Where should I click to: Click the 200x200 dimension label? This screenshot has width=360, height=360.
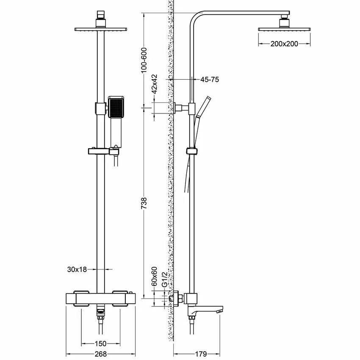tap(285, 43)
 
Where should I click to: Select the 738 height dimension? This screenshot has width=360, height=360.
tap(144, 203)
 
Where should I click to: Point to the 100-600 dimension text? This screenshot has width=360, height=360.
tap(144, 59)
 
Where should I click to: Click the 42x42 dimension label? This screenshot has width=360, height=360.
tap(155, 84)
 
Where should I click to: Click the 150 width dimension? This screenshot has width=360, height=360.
tap(100, 343)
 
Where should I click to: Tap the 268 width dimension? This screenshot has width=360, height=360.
tap(100, 354)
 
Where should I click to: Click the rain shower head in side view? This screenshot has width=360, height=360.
tap(285, 29)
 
